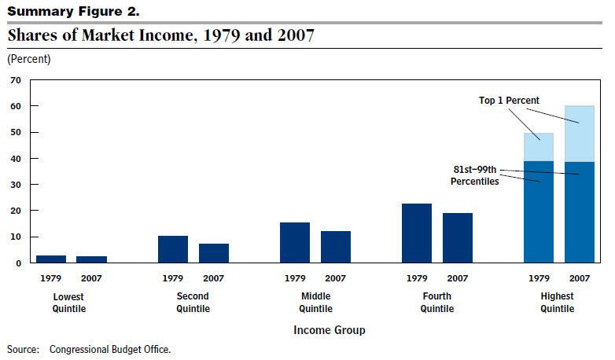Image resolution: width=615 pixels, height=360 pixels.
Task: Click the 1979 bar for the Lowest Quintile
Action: coord(51,259)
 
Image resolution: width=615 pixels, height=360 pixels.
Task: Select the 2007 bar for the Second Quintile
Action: coord(214,253)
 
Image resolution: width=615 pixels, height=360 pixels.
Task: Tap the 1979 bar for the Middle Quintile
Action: coord(295,243)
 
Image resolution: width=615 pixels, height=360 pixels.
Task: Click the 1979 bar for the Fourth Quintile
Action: coord(417,233)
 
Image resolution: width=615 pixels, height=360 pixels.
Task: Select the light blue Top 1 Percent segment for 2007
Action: coord(580,134)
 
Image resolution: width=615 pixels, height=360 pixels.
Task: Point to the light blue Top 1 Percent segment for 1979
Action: coord(539,147)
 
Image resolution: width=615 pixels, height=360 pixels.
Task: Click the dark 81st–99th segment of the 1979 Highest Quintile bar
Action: coord(539,212)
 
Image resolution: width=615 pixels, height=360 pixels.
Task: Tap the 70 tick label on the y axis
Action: coord(15,80)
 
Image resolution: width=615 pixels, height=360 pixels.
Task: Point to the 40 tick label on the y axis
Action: coord(15,159)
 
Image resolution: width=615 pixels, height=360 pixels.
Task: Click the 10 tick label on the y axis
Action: coord(15,237)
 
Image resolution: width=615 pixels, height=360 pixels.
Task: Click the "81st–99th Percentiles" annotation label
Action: coord(474,176)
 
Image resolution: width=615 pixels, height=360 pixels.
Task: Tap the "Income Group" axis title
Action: coord(329,331)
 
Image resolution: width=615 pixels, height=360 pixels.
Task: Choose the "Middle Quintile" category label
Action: coord(315,302)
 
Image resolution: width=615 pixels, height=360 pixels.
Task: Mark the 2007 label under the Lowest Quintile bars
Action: coord(92,278)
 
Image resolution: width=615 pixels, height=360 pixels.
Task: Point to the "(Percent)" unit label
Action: coord(29,59)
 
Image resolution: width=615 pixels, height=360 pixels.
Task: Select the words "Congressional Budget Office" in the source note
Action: coord(109,348)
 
